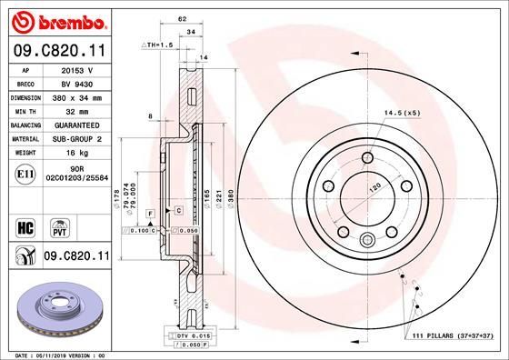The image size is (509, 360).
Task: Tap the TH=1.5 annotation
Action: click(x=157, y=45)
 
